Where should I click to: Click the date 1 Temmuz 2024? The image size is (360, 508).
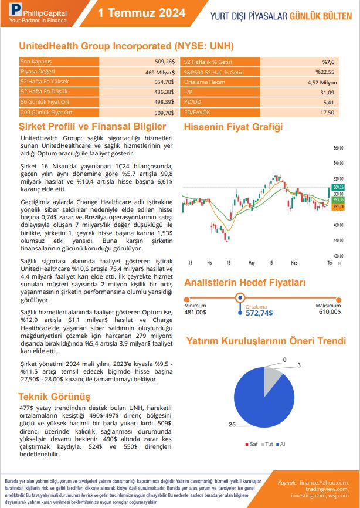click(141, 13)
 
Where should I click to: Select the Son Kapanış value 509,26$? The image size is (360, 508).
click(164, 61)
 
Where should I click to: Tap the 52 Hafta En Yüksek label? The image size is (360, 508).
click(45, 82)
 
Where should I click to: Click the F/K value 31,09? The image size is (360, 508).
click(327, 92)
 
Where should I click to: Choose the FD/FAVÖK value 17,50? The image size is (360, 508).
click(327, 112)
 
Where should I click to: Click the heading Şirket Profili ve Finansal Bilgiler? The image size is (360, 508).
click(93, 127)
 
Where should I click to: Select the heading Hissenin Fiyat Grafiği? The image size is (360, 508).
click(233, 127)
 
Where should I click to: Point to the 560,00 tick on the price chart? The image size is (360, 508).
click(337, 148)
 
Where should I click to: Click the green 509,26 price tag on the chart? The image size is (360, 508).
click(338, 187)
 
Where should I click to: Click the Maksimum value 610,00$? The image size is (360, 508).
click(328, 312)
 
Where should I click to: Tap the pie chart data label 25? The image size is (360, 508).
click(232, 424)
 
